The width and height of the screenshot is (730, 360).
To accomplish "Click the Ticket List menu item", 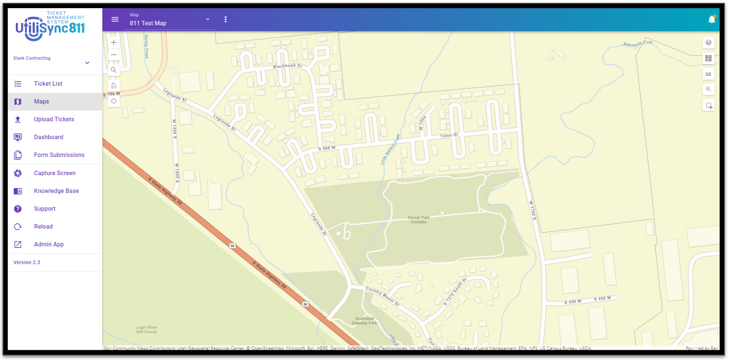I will (48, 84).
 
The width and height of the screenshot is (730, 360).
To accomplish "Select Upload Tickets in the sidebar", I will (54, 119).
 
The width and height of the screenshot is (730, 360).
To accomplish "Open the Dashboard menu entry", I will (49, 137).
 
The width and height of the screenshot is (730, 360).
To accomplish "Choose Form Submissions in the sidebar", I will (59, 155).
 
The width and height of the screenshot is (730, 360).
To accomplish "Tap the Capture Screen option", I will (55, 173).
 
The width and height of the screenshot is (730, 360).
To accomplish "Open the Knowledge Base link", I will (56, 191).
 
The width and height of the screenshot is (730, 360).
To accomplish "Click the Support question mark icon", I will (18, 209).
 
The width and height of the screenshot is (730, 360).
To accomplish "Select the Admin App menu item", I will (49, 244).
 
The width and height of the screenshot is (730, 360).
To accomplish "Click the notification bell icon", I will (712, 20).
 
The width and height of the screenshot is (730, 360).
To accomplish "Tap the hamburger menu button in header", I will (115, 20).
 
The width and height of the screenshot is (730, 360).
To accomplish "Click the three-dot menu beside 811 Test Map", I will (226, 20).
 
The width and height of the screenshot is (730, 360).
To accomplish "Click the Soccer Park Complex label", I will (419, 220).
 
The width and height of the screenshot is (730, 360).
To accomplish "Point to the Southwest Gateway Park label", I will (364, 321).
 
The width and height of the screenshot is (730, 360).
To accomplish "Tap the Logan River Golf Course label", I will (146, 330).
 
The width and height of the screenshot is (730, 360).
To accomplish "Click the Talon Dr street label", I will (449, 136).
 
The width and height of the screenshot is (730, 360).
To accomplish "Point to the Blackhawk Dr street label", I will (288, 66).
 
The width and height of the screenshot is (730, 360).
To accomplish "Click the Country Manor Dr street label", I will (382, 296).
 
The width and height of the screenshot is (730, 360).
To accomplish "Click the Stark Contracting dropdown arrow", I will (87, 63).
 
